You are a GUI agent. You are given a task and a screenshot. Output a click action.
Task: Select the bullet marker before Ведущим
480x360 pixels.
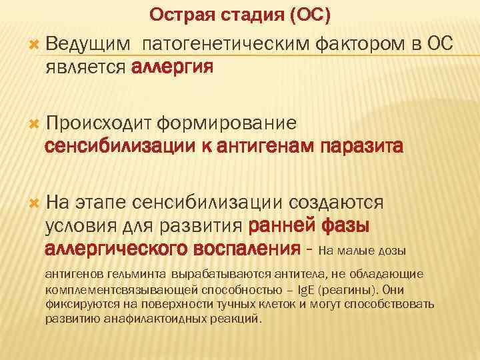35,45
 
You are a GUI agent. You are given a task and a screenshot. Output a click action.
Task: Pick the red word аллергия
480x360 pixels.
173,67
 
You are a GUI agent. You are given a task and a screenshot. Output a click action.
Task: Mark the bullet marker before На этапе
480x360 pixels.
35,201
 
